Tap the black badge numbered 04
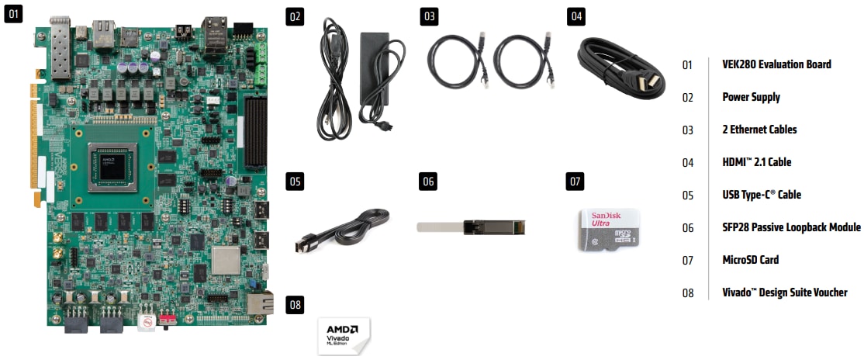click(576, 16)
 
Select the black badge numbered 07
click(575, 182)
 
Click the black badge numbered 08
click(295, 303)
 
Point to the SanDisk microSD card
click(610, 229)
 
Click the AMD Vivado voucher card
click(344, 335)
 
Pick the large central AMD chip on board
click(114, 164)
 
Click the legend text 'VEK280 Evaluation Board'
click(776, 64)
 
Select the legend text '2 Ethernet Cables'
click(759, 130)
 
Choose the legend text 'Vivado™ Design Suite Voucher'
click(784, 292)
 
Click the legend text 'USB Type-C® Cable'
click(762, 195)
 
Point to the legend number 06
click(687, 228)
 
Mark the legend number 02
click(687, 98)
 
